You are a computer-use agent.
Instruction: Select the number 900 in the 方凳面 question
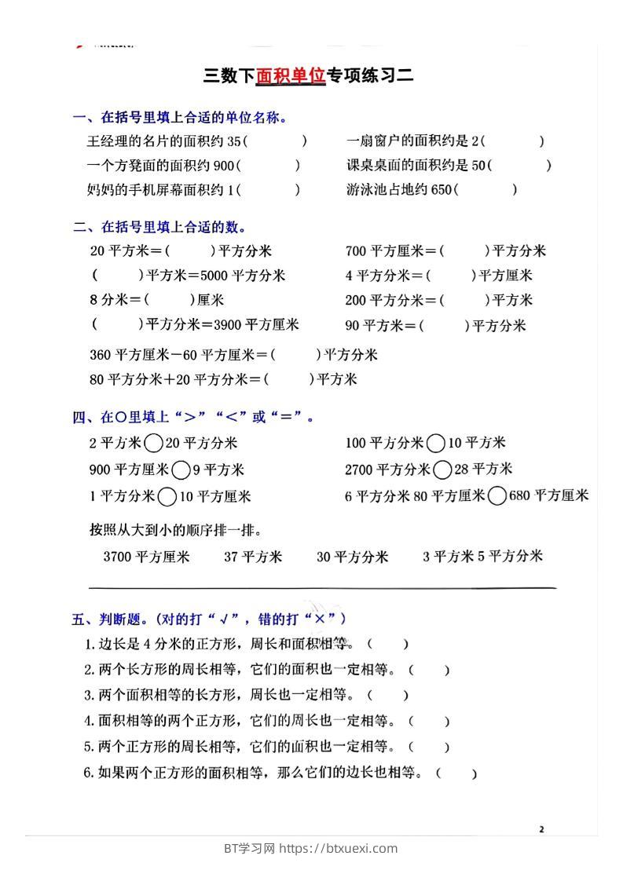point(224,166)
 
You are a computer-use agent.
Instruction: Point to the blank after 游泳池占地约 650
point(487,190)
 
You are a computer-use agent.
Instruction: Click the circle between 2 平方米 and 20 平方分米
point(154,444)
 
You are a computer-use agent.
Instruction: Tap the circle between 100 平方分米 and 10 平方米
point(436,444)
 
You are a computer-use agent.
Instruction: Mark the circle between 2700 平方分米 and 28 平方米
point(442,470)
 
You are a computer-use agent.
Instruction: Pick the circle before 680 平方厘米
point(497,496)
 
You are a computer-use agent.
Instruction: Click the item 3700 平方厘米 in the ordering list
point(147,557)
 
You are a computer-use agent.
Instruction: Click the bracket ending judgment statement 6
point(456,773)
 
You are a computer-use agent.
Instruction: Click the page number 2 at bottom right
point(542,829)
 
